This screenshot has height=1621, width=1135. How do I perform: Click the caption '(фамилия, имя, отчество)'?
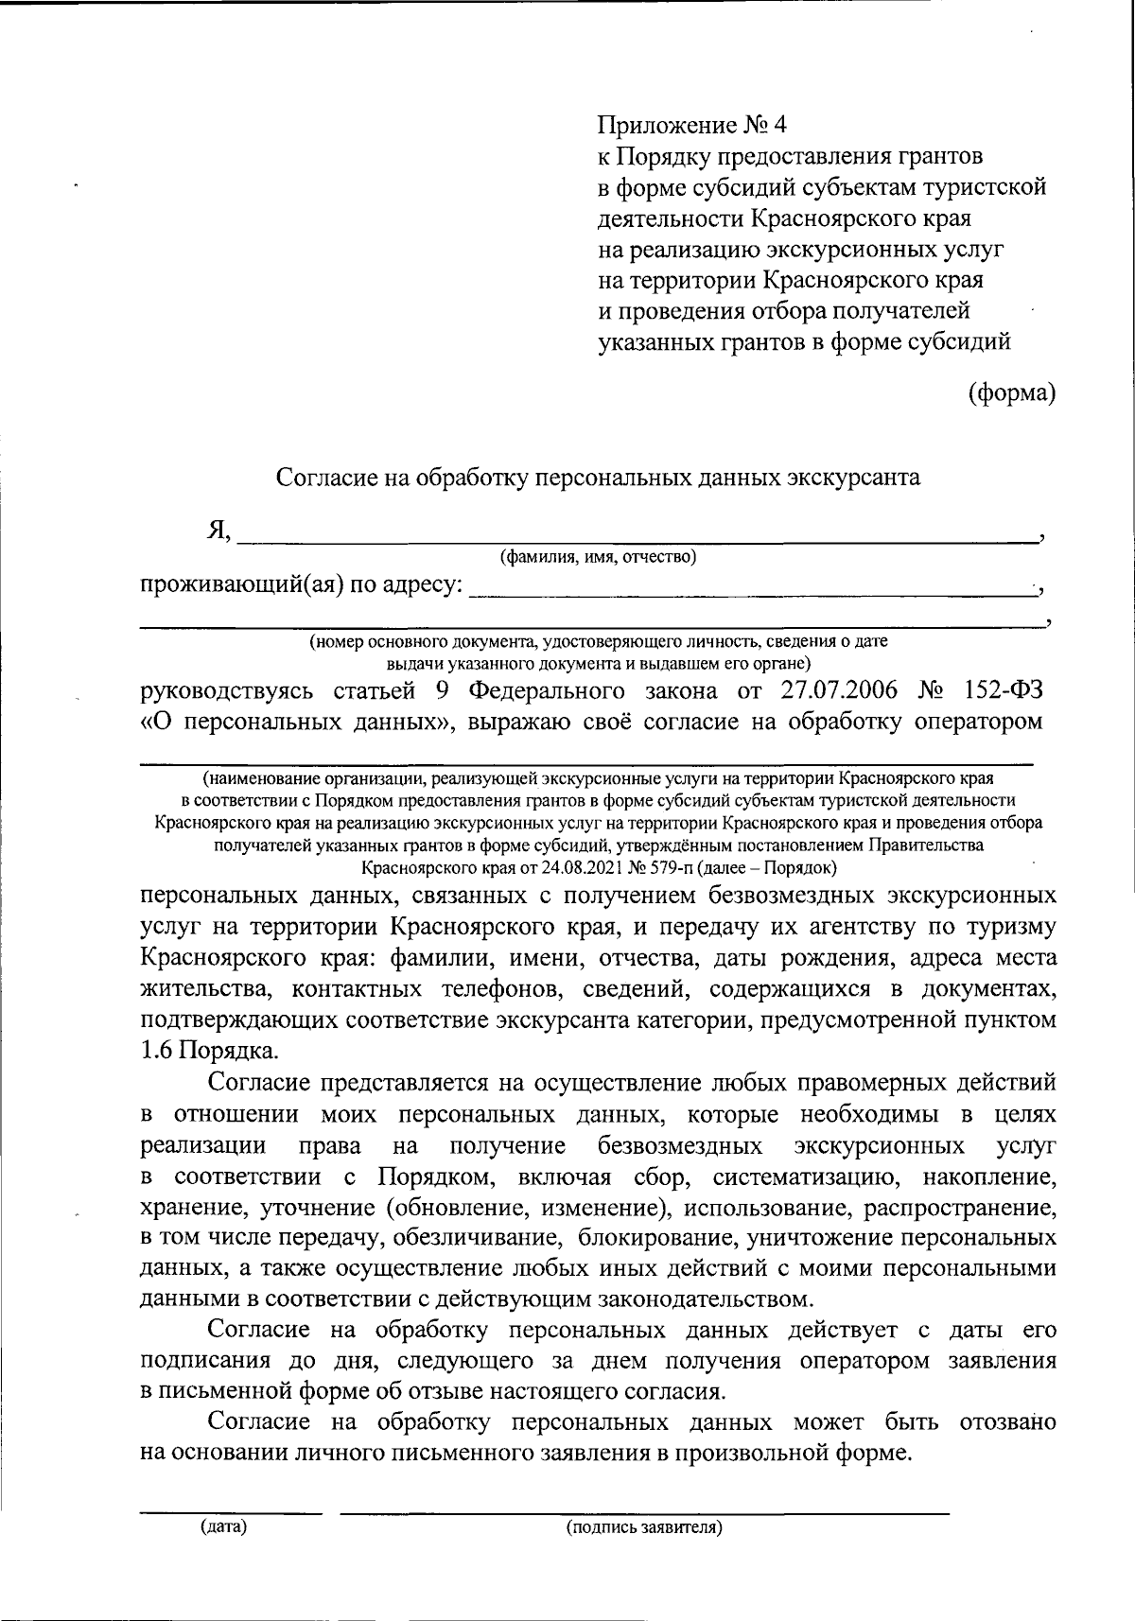(598, 557)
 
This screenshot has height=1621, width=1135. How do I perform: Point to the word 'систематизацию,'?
(807, 1177)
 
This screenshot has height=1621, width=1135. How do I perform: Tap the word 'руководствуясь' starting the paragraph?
(228, 688)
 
